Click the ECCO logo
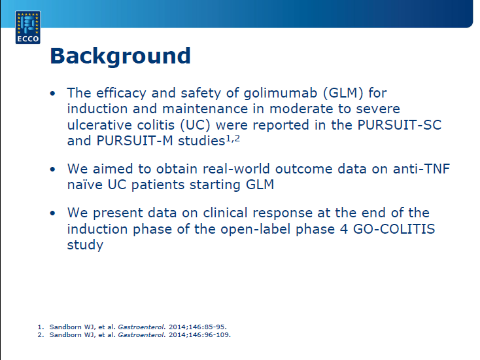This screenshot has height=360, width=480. click(x=28, y=27)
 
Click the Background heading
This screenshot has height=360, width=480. click(x=120, y=56)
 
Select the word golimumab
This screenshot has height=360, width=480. click(x=281, y=93)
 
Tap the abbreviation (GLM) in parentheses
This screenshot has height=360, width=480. click(x=343, y=93)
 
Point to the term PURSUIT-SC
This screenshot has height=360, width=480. click(x=400, y=125)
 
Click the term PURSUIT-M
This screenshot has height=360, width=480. click(x=135, y=141)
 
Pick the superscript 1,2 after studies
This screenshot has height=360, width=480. click(x=233, y=139)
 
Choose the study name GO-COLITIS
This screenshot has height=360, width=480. click(x=394, y=229)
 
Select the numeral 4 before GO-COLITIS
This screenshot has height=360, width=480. click(x=344, y=229)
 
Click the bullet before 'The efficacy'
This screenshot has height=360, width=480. click(x=53, y=93)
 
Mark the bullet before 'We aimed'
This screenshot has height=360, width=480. click(x=53, y=169)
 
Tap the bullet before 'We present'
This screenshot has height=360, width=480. click(x=53, y=213)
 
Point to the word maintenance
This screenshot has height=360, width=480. click(x=205, y=109)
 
